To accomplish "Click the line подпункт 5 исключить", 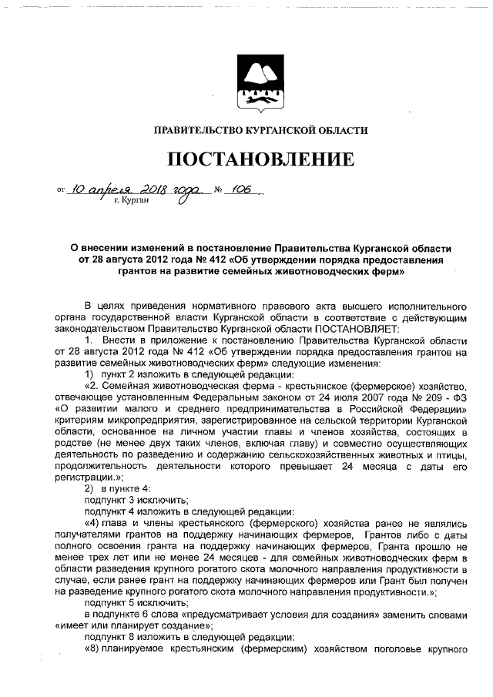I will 136,603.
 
